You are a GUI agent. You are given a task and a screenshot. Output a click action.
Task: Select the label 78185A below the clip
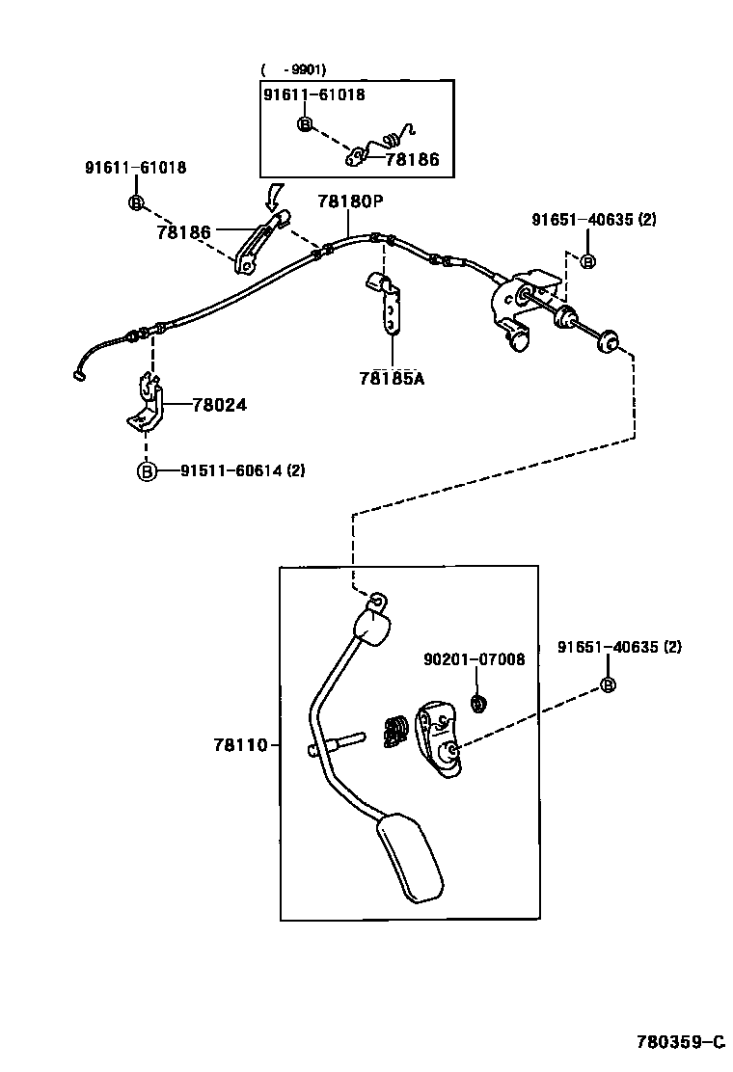[x=392, y=378]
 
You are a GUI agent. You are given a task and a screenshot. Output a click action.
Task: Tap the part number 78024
[x=219, y=406]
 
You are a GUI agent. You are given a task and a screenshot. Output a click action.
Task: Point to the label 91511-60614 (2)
[x=242, y=470]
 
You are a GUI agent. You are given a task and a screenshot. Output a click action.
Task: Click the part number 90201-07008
[x=475, y=659]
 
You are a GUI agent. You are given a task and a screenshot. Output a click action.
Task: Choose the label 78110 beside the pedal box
[x=234, y=745]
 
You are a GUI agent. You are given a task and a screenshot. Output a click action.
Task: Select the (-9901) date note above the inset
[x=293, y=69]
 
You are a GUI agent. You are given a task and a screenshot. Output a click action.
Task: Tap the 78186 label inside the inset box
[x=412, y=160]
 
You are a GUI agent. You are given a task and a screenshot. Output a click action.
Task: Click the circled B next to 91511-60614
[x=146, y=470]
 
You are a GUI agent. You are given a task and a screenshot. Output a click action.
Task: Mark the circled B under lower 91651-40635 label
[x=608, y=684]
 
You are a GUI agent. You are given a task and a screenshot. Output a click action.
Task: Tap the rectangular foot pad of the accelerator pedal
[x=413, y=857]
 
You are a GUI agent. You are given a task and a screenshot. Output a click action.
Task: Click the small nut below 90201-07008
[x=477, y=705]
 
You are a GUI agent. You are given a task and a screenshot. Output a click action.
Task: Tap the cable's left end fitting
[x=79, y=377]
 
